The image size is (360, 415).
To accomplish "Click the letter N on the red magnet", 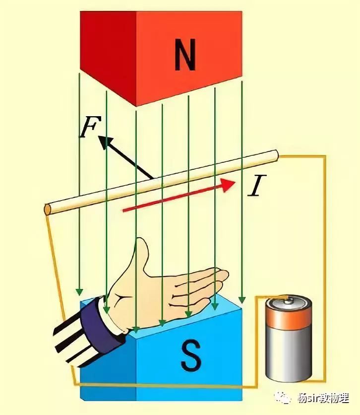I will (x=184, y=56).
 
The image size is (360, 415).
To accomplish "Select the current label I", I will (x=255, y=187).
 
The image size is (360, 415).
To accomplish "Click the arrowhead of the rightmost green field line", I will (x=241, y=300).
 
